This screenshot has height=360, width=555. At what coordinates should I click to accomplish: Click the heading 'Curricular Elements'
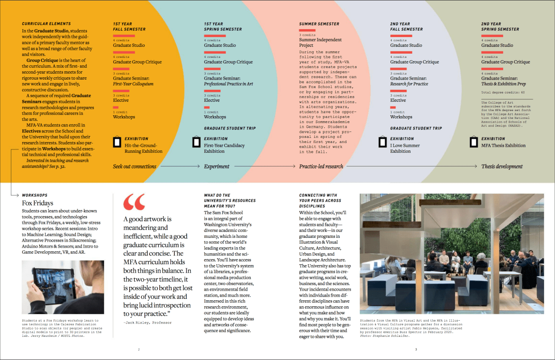coord(46,24)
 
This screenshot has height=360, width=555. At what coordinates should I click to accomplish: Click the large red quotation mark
coord(134,202)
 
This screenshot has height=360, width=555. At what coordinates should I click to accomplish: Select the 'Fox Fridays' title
coord(37,203)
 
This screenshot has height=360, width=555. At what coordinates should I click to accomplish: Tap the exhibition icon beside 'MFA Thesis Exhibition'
coord(473,142)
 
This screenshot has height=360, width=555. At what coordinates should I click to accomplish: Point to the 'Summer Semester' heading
coord(319,24)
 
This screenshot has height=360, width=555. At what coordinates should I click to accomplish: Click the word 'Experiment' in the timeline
coord(216,166)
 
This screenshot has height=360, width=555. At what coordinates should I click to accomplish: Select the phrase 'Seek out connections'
coord(135,166)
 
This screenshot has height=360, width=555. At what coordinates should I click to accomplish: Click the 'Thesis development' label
coord(502,166)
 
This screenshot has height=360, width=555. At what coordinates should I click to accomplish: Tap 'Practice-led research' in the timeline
coord(321,166)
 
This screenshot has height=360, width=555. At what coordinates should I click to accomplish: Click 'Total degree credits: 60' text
coord(503,93)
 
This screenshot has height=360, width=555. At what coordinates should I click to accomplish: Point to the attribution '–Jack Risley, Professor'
coord(147,322)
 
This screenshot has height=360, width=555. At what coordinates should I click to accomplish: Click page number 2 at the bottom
coord(139,349)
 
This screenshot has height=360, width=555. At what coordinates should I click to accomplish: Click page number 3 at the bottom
coord(416,349)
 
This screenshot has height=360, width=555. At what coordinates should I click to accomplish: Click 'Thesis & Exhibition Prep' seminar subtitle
coord(504,84)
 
